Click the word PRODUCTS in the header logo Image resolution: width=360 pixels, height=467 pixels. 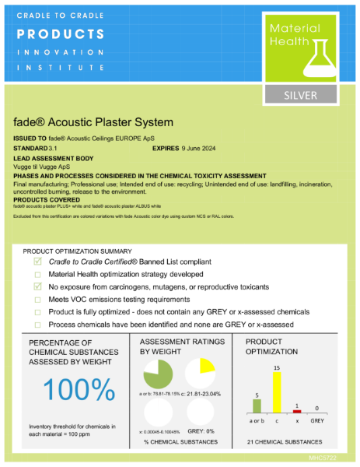tap(61, 34)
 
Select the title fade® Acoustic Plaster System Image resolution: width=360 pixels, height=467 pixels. tap(93, 122)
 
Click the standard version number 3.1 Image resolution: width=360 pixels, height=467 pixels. tap(52, 146)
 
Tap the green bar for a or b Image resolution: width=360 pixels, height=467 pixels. tap(257, 405)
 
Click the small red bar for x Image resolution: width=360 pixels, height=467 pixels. tap(296, 411)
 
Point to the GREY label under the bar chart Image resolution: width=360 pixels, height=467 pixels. tap(317, 420)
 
